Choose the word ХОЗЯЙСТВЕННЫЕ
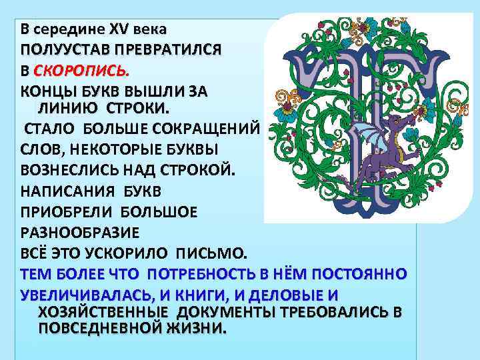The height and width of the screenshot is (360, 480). pos(104,313)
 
